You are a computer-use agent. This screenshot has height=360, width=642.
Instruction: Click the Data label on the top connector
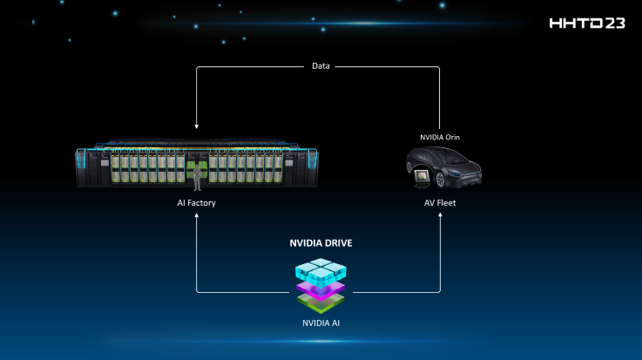click(x=321, y=66)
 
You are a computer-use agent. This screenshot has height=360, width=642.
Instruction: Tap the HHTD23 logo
click(x=587, y=24)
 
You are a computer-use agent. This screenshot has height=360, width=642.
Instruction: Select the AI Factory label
click(x=196, y=203)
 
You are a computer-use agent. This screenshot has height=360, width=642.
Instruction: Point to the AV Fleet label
click(x=440, y=203)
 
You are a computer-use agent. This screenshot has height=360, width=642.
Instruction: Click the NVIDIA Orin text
click(x=440, y=137)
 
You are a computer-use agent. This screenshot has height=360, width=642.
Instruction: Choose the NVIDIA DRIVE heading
click(x=321, y=243)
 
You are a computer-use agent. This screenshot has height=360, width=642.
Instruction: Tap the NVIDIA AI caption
click(x=321, y=323)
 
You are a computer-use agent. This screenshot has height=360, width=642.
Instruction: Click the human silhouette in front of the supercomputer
click(x=198, y=178)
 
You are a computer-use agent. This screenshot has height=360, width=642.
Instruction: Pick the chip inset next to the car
click(x=422, y=177)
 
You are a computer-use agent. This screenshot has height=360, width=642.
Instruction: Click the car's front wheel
click(x=441, y=180)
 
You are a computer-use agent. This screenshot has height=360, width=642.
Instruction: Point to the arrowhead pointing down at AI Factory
click(x=197, y=126)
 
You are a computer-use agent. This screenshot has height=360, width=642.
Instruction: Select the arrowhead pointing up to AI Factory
click(x=197, y=215)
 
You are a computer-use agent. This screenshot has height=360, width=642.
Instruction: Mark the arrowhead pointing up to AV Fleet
click(x=440, y=215)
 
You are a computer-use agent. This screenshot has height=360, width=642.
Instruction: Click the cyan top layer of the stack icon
click(x=321, y=270)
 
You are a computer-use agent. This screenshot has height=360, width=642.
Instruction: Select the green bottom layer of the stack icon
click(x=321, y=304)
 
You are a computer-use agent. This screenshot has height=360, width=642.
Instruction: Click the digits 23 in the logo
click(x=615, y=24)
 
